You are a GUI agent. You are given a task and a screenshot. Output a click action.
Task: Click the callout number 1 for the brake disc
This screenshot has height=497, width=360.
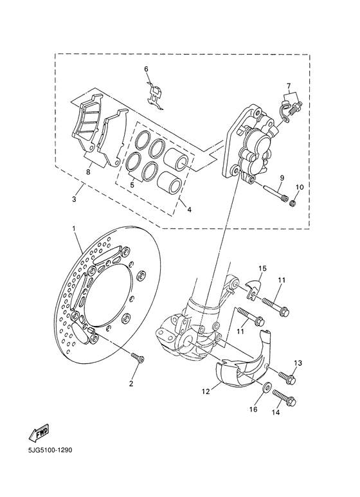73,229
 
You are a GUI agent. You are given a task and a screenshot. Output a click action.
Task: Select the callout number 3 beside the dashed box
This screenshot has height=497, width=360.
74,200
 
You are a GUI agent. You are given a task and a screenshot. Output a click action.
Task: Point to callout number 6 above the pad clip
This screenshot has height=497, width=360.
146,69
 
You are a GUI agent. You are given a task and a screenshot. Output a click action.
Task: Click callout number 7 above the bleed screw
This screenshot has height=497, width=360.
289,86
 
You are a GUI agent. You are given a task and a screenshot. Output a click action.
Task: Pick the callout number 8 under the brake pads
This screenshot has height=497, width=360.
87,172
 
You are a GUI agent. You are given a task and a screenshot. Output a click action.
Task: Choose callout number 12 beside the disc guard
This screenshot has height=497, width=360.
206,390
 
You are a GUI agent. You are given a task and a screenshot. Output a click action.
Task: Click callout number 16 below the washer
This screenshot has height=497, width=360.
253,409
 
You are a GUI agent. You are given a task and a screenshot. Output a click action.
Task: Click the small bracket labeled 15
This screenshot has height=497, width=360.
253,287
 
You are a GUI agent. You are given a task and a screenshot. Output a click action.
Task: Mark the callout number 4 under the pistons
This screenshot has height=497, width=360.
188,209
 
